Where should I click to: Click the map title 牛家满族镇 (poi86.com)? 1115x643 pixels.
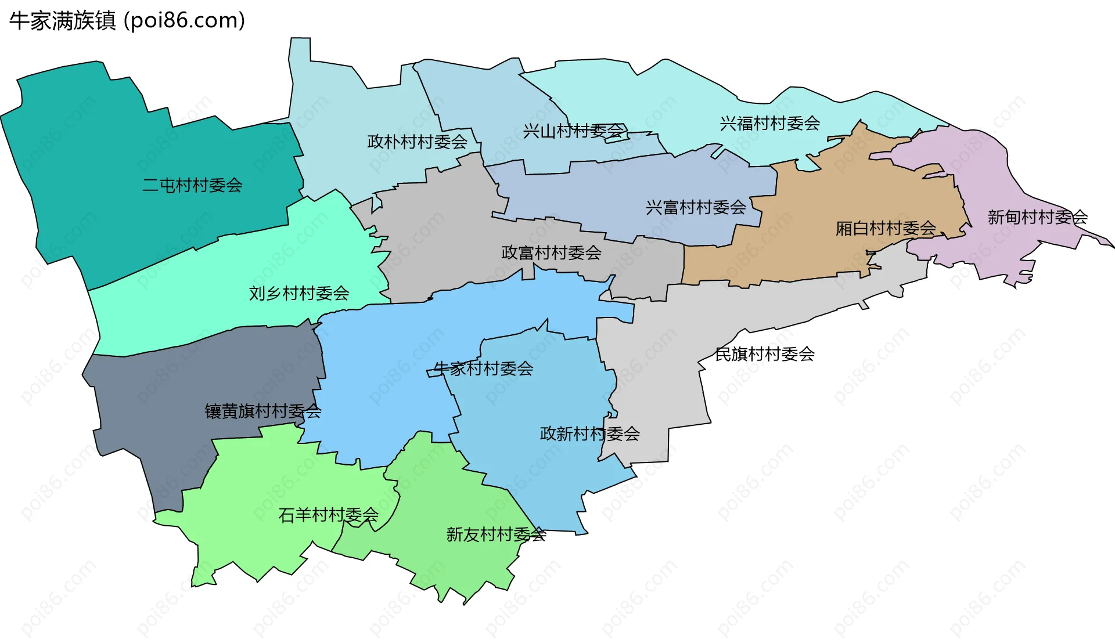point(127,21)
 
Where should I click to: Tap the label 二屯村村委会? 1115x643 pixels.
point(192,186)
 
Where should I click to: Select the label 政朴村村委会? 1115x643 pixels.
point(417,142)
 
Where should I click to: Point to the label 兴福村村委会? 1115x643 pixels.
point(769,124)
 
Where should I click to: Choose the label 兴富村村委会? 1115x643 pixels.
point(696,207)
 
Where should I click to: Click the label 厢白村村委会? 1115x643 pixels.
point(885,229)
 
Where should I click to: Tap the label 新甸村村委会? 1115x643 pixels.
point(1037,218)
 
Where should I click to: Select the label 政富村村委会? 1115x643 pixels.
point(551,253)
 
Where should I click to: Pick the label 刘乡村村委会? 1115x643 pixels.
point(299,294)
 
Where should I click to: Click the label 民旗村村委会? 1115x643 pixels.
point(764,354)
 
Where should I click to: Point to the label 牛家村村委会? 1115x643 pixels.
point(483,369)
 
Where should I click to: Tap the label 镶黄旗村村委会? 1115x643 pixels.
point(262,411)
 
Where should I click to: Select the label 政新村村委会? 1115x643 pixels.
point(589,434)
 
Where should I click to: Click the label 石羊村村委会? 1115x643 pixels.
point(328,515)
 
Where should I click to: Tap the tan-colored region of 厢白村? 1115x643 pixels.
point(842,186)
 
